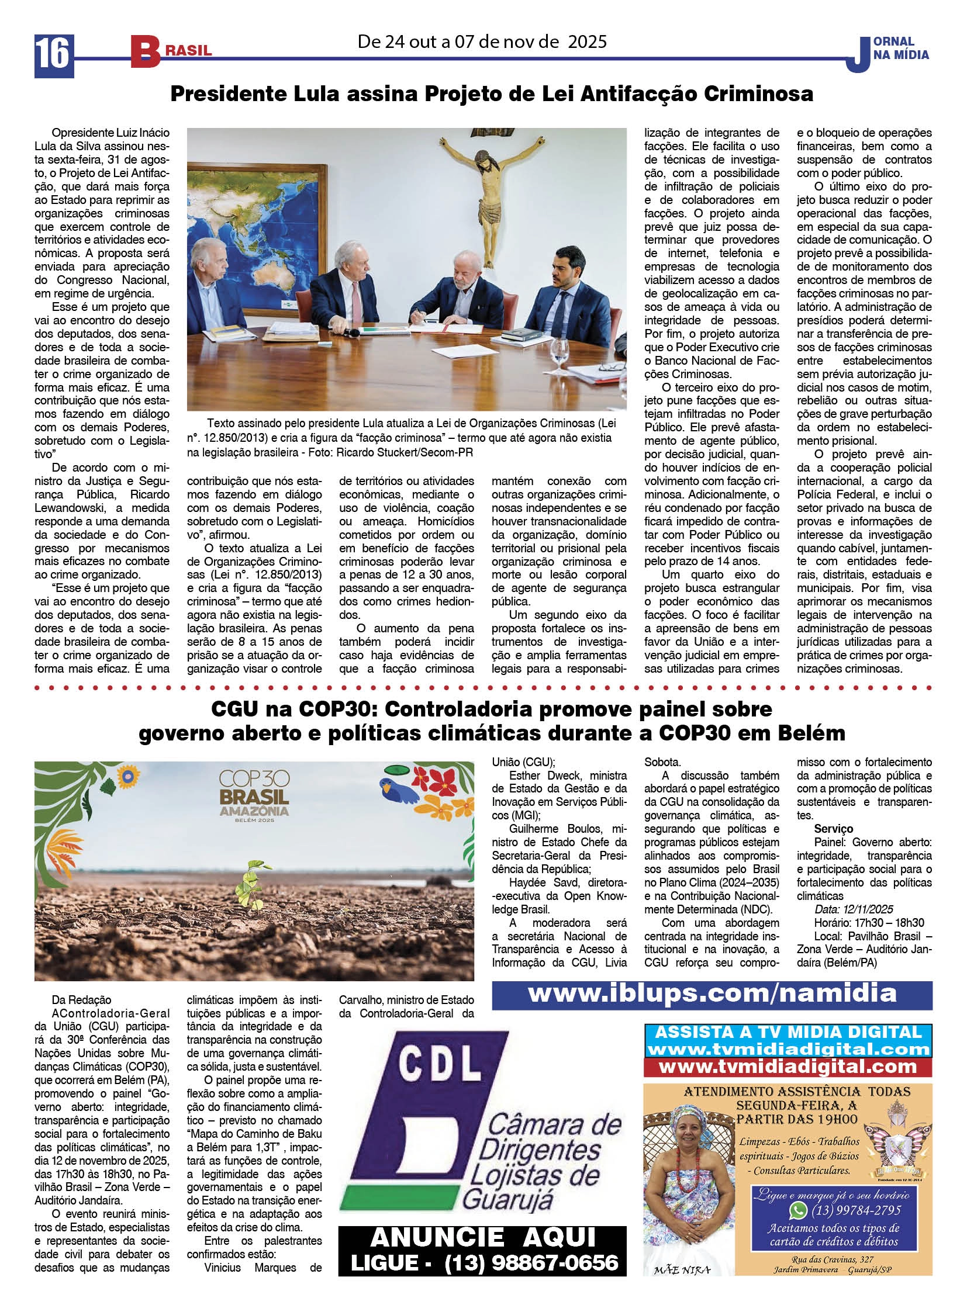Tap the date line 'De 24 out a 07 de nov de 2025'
pos(482,41)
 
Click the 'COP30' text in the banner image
pos(254,780)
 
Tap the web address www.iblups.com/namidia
pos(712,992)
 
